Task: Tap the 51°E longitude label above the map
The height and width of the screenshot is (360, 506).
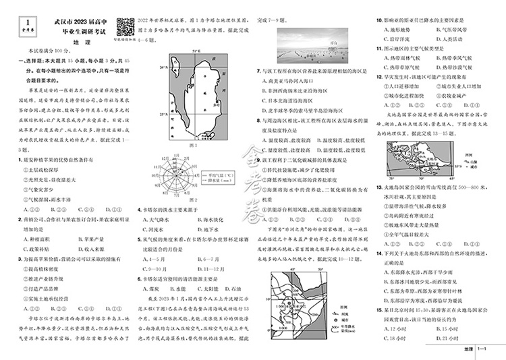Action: (196, 52)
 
